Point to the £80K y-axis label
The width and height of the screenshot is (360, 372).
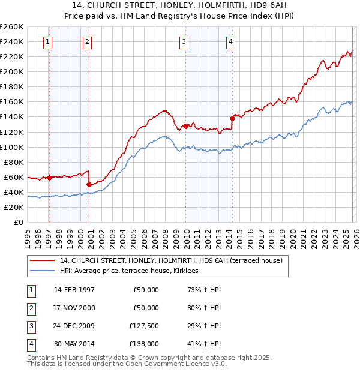pos(13,162)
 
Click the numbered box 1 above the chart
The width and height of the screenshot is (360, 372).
pos(47,41)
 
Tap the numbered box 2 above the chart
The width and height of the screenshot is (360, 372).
pos(87,41)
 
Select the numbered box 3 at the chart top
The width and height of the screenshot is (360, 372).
pos(184,41)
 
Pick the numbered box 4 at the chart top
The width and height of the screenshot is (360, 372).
pos(230,41)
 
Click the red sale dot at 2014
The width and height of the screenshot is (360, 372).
pos(232,118)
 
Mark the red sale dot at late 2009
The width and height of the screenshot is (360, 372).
pos(186,126)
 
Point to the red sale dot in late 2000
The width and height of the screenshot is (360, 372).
pos(89,184)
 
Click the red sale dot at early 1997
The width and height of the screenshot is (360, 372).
pos(50,178)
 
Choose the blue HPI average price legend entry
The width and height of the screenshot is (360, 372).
pos(133,271)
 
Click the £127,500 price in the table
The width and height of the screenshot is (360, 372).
pos(144,326)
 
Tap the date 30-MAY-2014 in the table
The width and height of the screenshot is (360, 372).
pos(74,344)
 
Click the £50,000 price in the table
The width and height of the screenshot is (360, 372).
pos(146,308)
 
